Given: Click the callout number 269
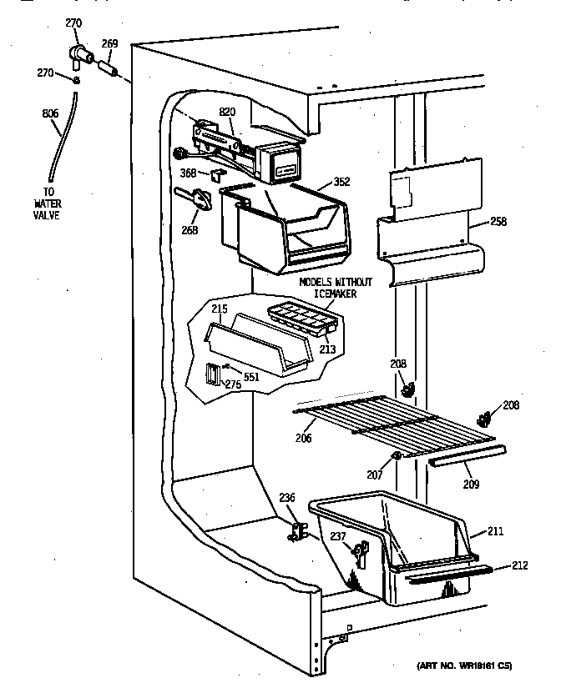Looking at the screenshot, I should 109,44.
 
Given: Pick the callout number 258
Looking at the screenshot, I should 499,221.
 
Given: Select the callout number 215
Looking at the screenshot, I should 219,309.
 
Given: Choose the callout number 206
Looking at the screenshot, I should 305,437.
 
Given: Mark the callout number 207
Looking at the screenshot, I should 375,475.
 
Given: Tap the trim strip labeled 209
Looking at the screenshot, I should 467,455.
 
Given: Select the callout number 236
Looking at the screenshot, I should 287,498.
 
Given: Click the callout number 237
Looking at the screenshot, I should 338,536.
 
